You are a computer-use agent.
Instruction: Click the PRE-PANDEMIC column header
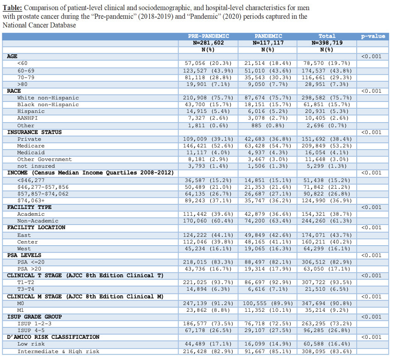209,36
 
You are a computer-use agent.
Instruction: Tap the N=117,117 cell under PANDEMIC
268,43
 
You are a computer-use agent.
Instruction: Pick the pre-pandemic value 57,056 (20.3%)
209,63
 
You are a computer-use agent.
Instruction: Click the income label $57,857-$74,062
43,193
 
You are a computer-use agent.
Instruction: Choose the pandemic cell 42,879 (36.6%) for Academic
268,214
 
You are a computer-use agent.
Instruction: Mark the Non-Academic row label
38,221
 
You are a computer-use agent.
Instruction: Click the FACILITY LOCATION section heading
36,227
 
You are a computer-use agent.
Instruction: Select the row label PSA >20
30,269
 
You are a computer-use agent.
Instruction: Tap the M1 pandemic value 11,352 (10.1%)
268,310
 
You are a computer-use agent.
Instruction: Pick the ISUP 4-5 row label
32,331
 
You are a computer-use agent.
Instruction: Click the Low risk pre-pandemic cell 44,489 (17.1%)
209,344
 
